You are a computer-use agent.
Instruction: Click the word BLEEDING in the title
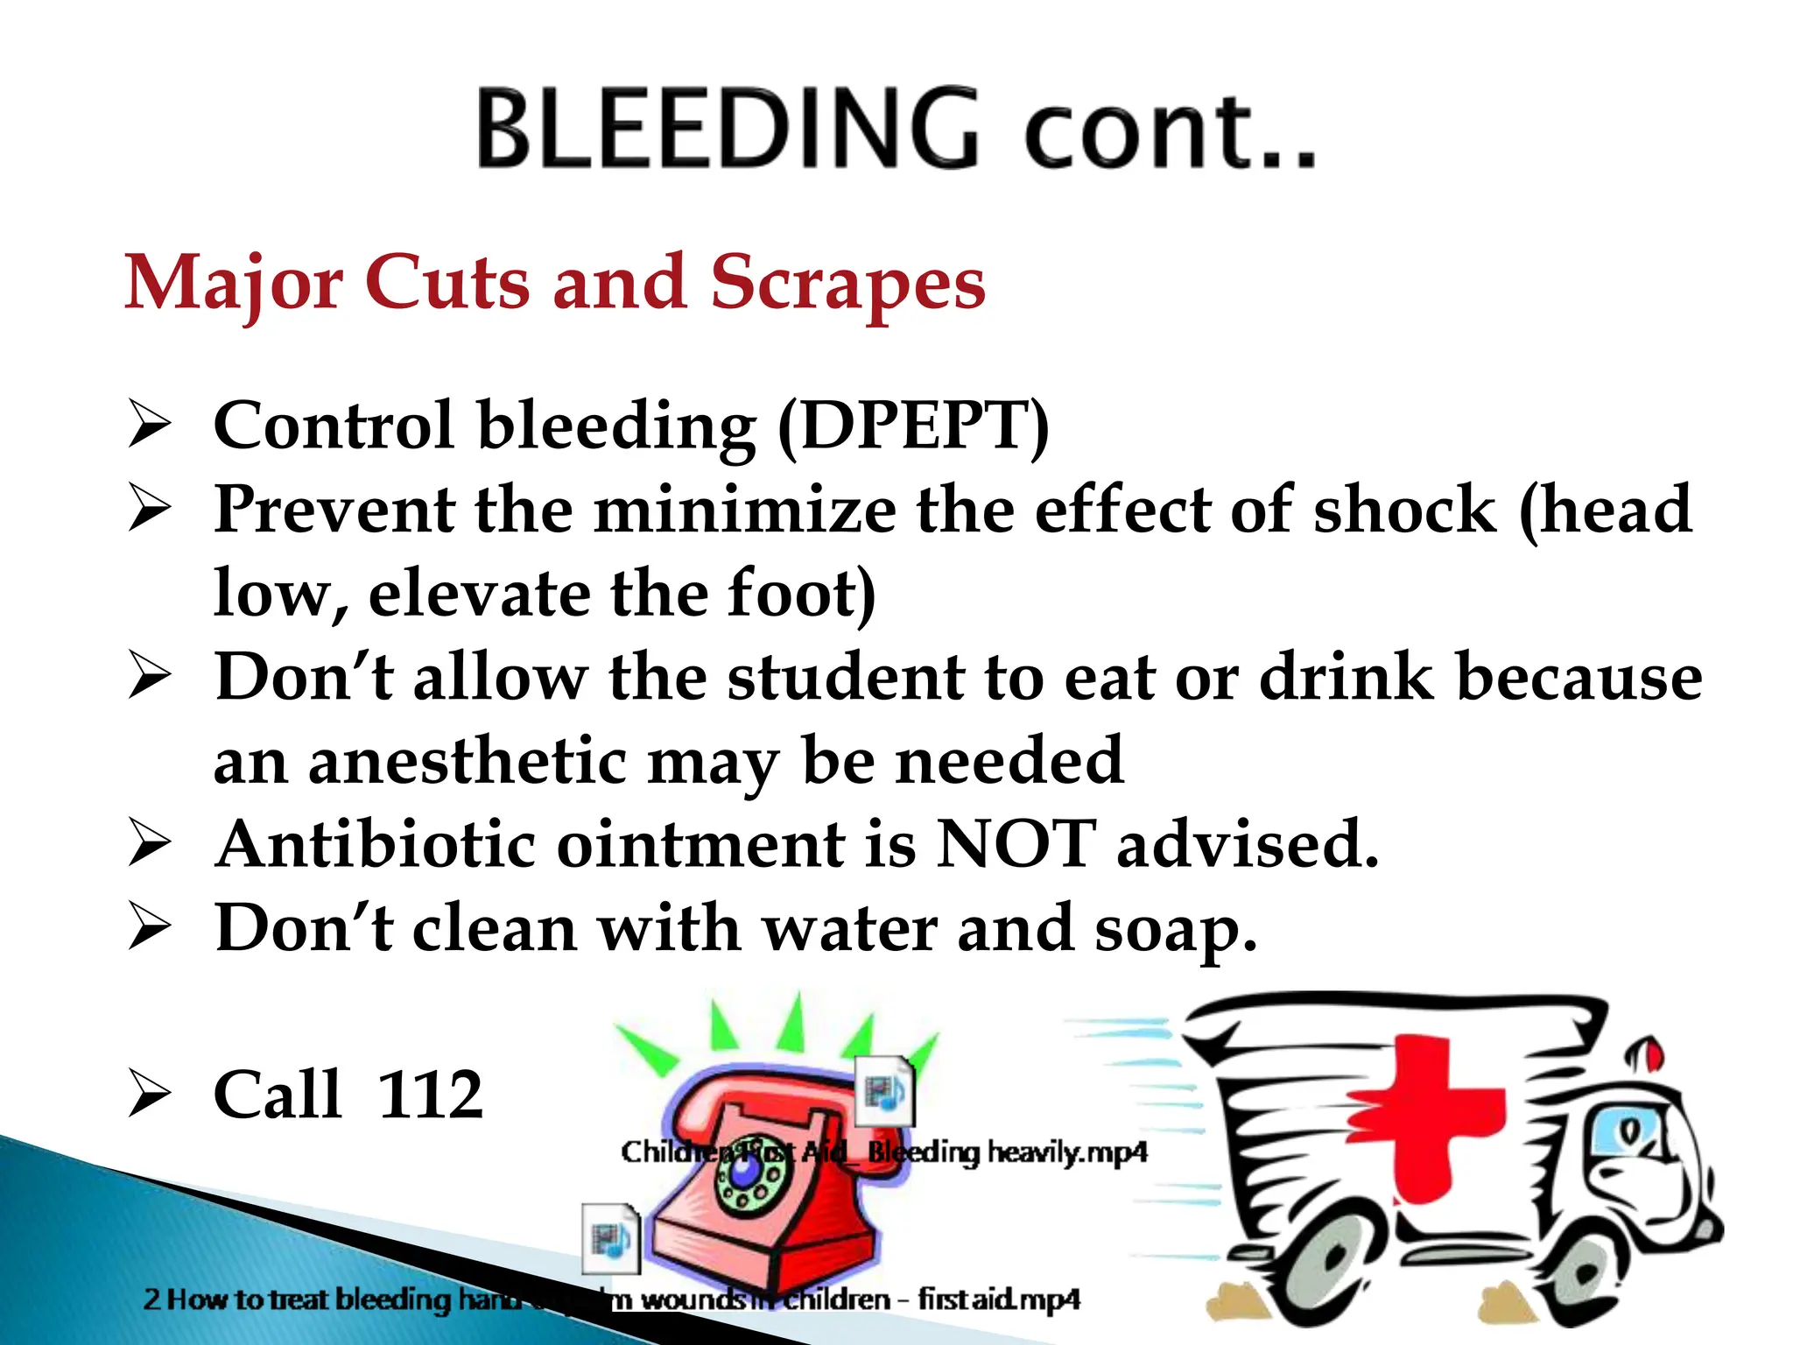[x=727, y=130]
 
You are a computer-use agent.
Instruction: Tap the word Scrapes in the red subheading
[x=847, y=283]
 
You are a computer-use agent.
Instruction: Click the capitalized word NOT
[x=1015, y=844]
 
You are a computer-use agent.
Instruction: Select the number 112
[x=430, y=1095]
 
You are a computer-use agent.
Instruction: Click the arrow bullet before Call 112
[x=149, y=1096]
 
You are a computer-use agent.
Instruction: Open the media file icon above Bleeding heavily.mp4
[x=884, y=1090]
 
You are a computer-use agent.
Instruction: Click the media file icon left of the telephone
[x=610, y=1237]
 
